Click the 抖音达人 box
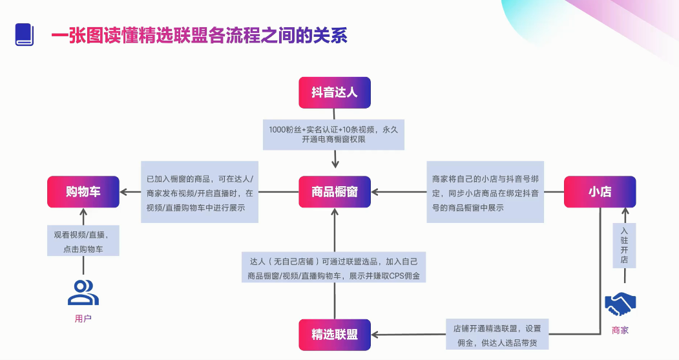(334, 92)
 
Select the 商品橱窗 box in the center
(334, 192)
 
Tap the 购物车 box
(83, 192)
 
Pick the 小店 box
(600, 192)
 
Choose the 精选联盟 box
(334, 334)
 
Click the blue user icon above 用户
(83, 292)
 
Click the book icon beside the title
(25, 35)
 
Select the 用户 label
(83, 318)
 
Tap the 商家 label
(620, 330)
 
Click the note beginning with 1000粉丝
(333, 134)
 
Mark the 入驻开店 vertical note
(624, 246)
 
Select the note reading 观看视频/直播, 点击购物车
(83, 241)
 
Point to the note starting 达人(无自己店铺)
(334, 268)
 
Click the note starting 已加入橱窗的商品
(200, 192)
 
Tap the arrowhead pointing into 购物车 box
(124, 192)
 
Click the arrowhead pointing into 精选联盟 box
(376, 334)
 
